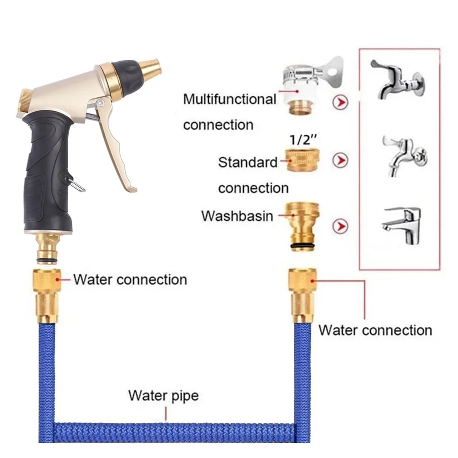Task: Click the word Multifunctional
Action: point(230,99)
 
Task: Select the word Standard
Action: point(248,163)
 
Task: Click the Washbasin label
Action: point(237,216)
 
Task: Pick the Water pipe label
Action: point(163,395)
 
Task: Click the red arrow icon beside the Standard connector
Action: point(340,161)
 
